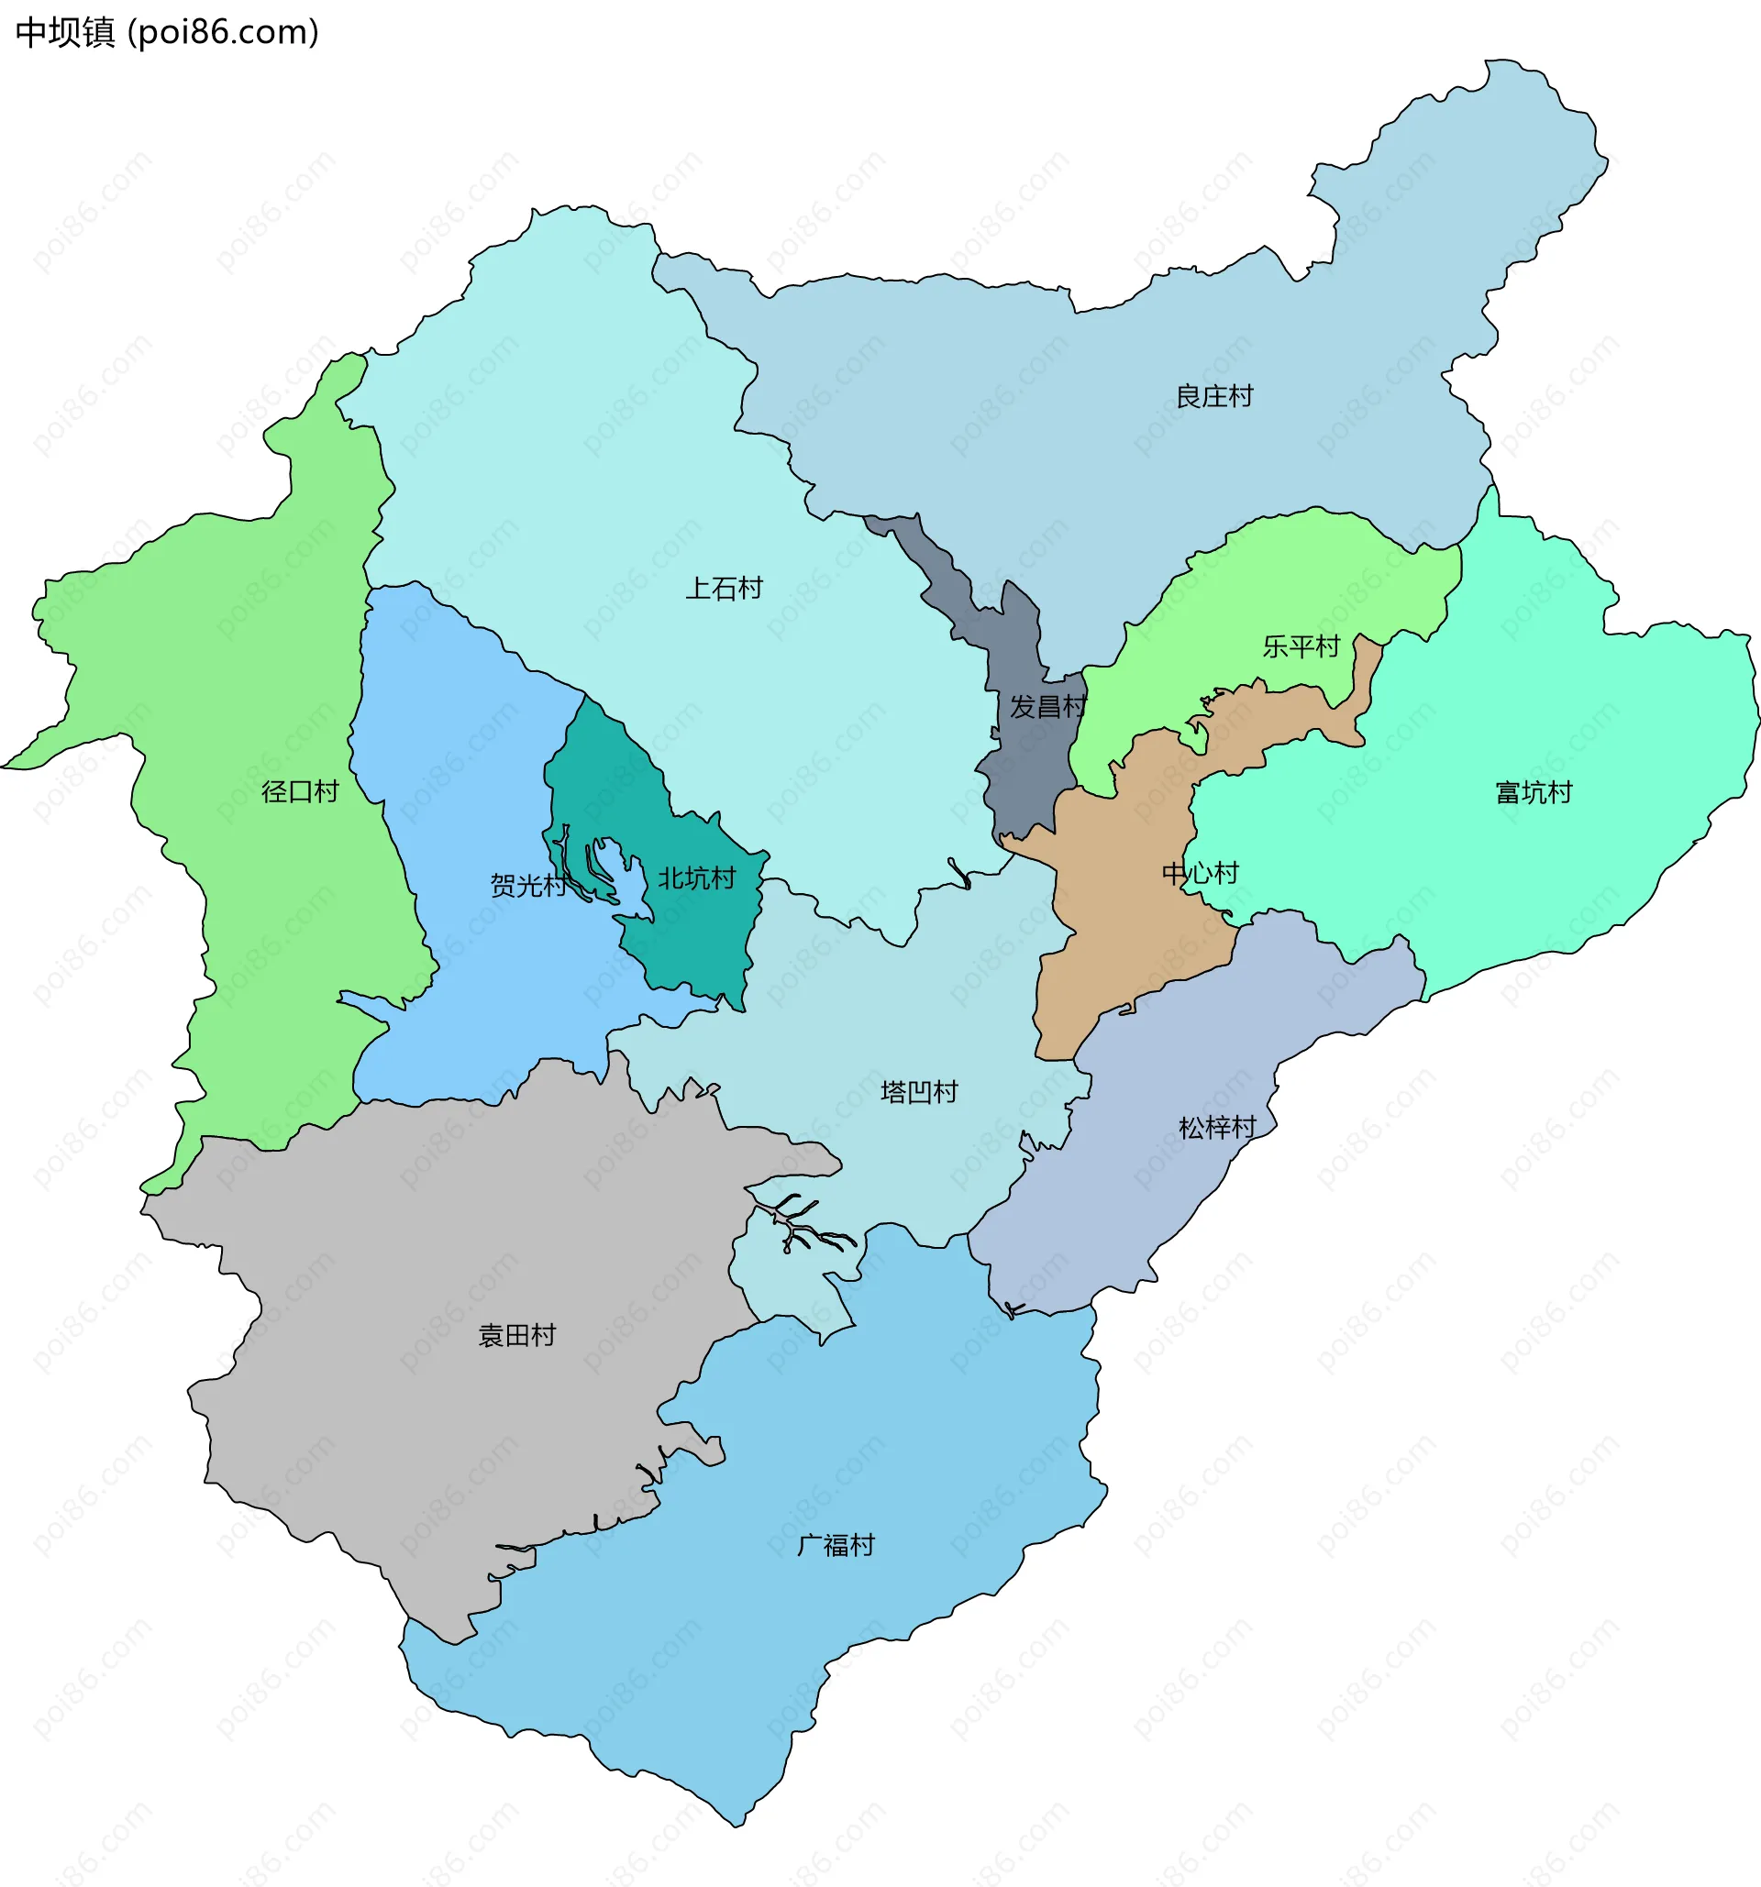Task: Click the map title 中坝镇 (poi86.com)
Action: pyautogui.click(x=167, y=33)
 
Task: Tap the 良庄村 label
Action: pyautogui.click(x=1214, y=396)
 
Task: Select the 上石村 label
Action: pyautogui.click(x=725, y=589)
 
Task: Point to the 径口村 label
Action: pyautogui.click(x=300, y=790)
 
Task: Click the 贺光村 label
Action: pyautogui.click(x=527, y=885)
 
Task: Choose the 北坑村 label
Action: pyautogui.click(x=697, y=878)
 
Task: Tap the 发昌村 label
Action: pyautogui.click(x=1047, y=706)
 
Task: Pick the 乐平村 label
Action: pyautogui.click(x=1301, y=646)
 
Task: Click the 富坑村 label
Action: pyautogui.click(x=1534, y=791)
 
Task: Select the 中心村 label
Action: pyautogui.click(x=1200, y=872)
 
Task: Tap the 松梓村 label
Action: pyautogui.click(x=1217, y=1127)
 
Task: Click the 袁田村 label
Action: pyautogui.click(x=516, y=1336)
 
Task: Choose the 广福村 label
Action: pyautogui.click(x=836, y=1545)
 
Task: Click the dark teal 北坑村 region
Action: pyautogui.click(x=703, y=940)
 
